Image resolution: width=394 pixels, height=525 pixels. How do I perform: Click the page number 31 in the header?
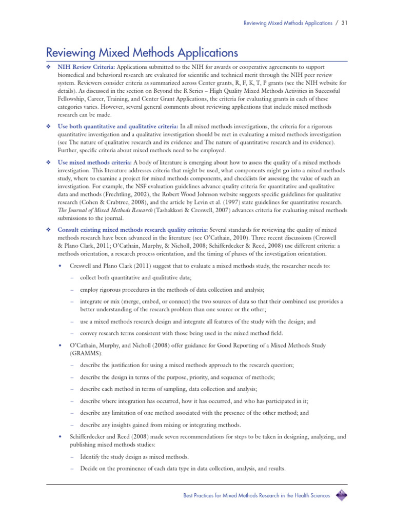coord(345,23)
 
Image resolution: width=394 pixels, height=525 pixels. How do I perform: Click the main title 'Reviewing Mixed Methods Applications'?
coord(142,52)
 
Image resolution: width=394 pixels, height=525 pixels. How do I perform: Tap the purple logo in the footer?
coord(341,495)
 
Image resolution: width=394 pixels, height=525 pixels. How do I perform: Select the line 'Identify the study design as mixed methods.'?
coord(134,457)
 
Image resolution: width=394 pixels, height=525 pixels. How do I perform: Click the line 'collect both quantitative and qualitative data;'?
coord(135,277)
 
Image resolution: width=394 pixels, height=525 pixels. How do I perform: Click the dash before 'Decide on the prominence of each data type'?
coord(73,469)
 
